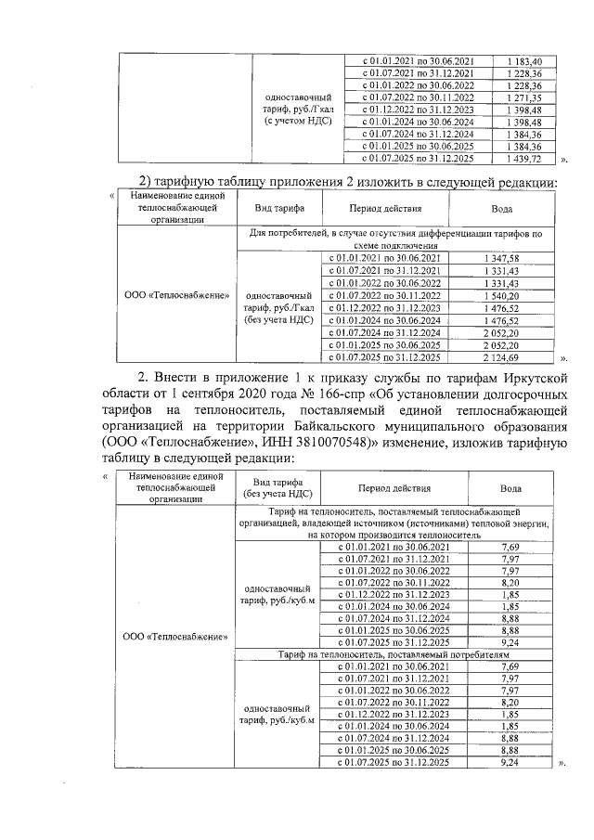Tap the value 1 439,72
tap(524, 159)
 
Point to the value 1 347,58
tap(502, 258)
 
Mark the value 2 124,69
tap(502, 356)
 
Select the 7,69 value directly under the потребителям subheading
tap(509, 666)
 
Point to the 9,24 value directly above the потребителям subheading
tap(509, 642)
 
